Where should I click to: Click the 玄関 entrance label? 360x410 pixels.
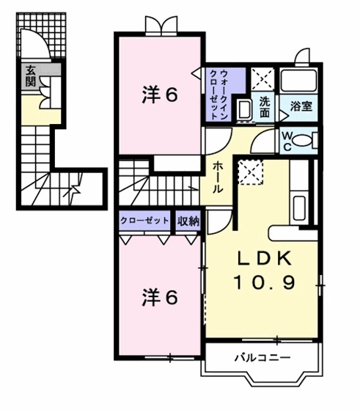point(31,76)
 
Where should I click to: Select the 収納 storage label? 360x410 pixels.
point(188,221)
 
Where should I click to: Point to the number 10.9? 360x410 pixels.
point(263,281)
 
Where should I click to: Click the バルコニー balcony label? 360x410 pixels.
point(262,358)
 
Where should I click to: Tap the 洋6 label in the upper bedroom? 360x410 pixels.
point(159,95)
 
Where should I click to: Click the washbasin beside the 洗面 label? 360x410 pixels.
point(244,110)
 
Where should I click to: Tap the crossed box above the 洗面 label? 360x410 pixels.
point(262,78)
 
